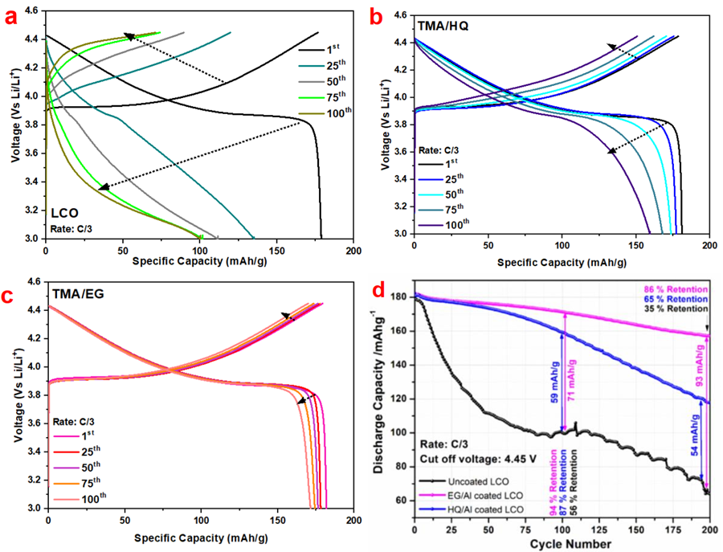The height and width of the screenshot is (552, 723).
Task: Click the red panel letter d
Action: [x=378, y=286]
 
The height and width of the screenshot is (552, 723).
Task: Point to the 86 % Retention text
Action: [x=668, y=288]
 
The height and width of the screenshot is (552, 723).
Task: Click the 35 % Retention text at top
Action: [x=668, y=309]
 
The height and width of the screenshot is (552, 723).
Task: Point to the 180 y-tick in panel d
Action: [x=397, y=296]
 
